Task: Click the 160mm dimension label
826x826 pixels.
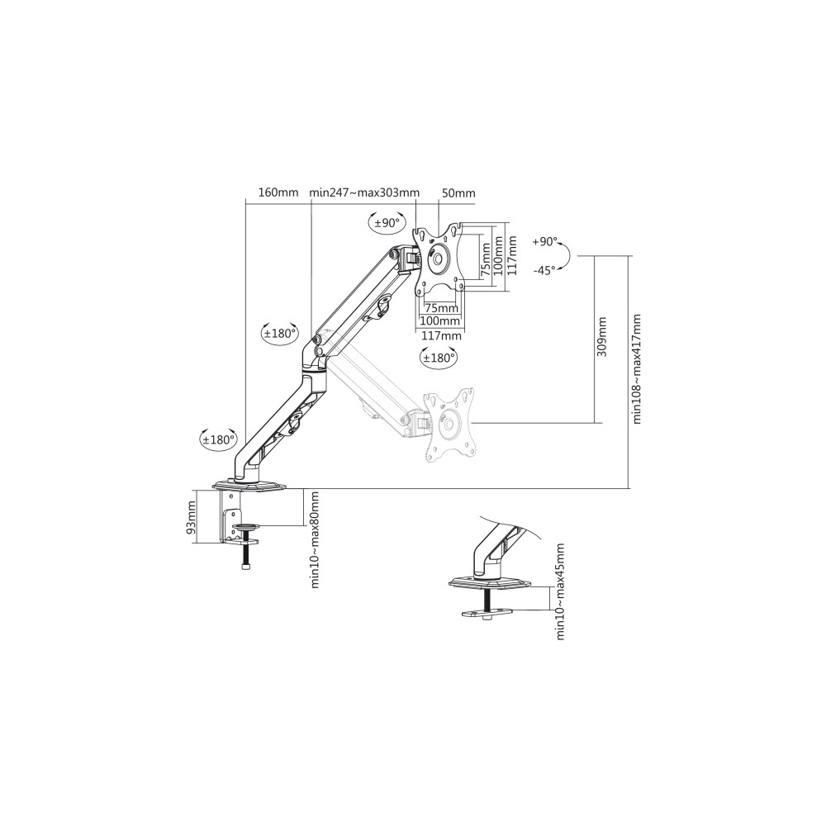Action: (x=278, y=192)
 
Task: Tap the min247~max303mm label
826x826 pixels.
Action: (x=364, y=192)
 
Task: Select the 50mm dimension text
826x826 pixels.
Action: (x=458, y=192)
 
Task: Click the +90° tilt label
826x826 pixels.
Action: (x=544, y=242)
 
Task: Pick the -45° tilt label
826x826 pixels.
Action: (x=544, y=270)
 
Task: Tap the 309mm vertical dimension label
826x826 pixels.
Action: (x=602, y=337)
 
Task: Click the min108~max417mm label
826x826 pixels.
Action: (x=637, y=368)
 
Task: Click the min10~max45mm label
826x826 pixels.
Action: (x=560, y=592)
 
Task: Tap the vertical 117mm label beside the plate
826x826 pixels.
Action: (x=511, y=255)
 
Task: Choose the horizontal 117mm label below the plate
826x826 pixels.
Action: (x=441, y=335)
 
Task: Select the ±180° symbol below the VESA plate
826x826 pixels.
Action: (x=439, y=358)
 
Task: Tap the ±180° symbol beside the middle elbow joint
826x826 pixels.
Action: (x=280, y=333)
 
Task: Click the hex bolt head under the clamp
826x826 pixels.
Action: (x=245, y=567)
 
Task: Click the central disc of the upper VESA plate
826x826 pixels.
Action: (x=439, y=256)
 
